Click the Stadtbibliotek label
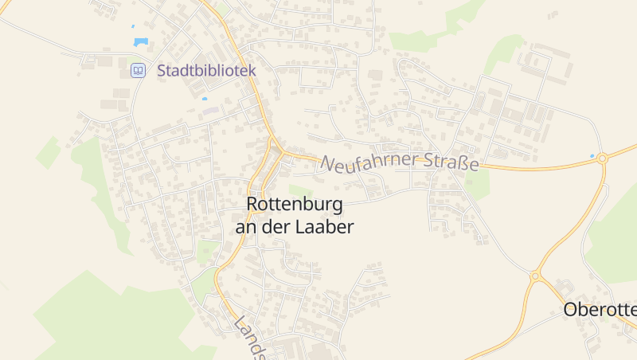(206, 70)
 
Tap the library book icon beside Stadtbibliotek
(138, 71)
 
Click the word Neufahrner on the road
(370, 161)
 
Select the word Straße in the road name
(451, 163)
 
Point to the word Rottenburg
(295, 205)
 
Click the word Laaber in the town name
(323, 227)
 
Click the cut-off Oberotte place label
(600, 310)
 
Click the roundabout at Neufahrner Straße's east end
(603, 158)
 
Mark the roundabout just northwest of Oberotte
(535, 277)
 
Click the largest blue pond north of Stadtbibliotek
(141, 42)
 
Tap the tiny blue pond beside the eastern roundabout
(592, 155)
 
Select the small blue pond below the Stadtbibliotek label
(205, 99)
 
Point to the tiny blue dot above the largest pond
(133, 26)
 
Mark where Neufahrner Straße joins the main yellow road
(281, 152)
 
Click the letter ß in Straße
(463, 164)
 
